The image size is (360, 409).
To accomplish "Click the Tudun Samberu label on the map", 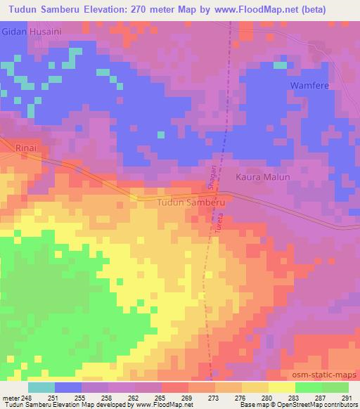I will [x=192, y=202].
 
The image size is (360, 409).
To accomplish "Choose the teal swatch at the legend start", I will [x=41, y=387].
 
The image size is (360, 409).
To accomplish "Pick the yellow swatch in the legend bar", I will [x=281, y=387].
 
